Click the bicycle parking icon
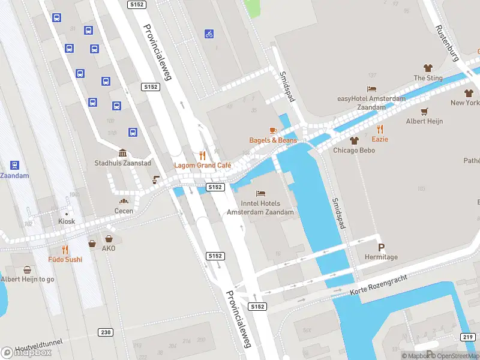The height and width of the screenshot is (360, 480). (x=209, y=34)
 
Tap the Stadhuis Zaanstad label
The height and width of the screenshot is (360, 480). (x=122, y=163)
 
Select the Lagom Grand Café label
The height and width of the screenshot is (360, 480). (x=202, y=165)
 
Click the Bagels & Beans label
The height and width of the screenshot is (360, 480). (x=273, y=140)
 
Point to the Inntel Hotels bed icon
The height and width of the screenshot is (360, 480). (x=260, y=193)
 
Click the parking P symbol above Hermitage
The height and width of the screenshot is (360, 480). (x=381, y=247)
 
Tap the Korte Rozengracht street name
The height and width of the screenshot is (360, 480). (x=379, y=286)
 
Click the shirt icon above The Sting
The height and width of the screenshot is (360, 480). (x=428, y=68)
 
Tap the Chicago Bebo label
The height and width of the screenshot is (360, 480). (x=354, y=150)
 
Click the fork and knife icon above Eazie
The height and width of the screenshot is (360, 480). (x=380, y=128)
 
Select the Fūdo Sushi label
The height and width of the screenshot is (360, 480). (x=65, y=260)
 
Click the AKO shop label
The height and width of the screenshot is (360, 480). (x=108, y=248)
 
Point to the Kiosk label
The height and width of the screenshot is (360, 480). (x=67, y=221)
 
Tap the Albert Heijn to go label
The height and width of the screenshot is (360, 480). (x=28, y=280)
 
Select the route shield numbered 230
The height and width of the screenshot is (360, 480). (x=106, y=332)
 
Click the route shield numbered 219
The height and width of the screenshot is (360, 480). (x=467, y=337)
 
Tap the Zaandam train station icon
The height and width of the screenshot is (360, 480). (x=14, y=165)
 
